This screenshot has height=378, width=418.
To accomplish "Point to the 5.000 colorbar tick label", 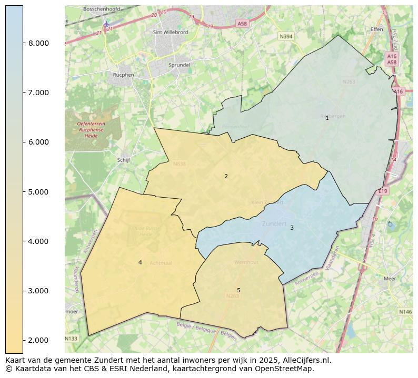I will pos(39,192).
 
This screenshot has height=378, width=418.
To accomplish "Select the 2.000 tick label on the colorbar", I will pos(39,341).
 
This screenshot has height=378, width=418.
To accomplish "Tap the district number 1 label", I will pos(327,118).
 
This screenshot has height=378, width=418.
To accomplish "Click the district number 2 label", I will pos(226,176).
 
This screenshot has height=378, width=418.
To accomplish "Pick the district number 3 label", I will pos(292,228).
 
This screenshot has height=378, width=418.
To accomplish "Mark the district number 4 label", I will pos(140,262).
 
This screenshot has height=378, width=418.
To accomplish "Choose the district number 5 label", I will pos(238,290).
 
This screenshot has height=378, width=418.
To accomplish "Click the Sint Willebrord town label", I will pos(170,32).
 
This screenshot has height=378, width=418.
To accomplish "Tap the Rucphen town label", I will pos(124,75).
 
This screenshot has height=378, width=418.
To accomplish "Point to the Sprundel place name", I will pos(179,65).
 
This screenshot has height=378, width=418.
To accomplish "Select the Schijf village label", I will pos(124,160).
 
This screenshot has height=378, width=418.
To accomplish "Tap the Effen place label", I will pos(377,29).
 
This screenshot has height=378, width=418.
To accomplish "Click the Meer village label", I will pos(390,279).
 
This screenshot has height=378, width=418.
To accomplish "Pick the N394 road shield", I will pos(286,36).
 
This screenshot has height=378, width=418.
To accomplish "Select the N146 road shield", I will pos(405,312).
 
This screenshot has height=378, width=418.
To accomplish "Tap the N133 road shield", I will pos(71,338).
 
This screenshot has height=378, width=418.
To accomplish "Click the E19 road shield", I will pos(383,191).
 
